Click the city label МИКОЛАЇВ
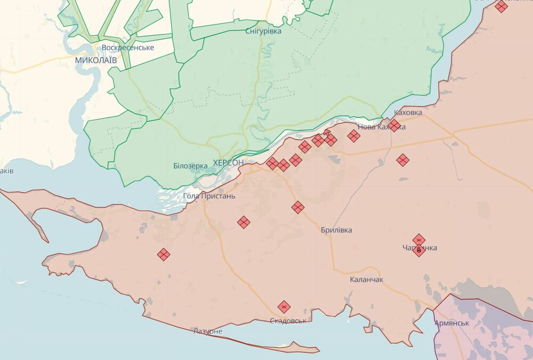coord(95,60)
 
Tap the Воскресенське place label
coord(128,47)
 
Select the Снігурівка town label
coord(263,31)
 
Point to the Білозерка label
coord(190,166)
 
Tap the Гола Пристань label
coord(209,196)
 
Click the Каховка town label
coord(408,113)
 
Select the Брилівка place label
coord(336,230)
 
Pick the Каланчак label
coord(366,280)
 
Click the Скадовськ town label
coord(288,321)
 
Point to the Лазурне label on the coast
coord(207,331)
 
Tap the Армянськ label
coord(451,323)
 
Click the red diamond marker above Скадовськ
coord(284,307)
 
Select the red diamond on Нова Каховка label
coord(394,126)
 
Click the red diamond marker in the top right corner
coord(501,6)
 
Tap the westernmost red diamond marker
coord(164,255)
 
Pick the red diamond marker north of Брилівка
coord(298,207)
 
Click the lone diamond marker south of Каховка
coord(403,160)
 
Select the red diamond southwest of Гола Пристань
coord(244,222)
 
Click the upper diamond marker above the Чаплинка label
coord(419,240)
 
